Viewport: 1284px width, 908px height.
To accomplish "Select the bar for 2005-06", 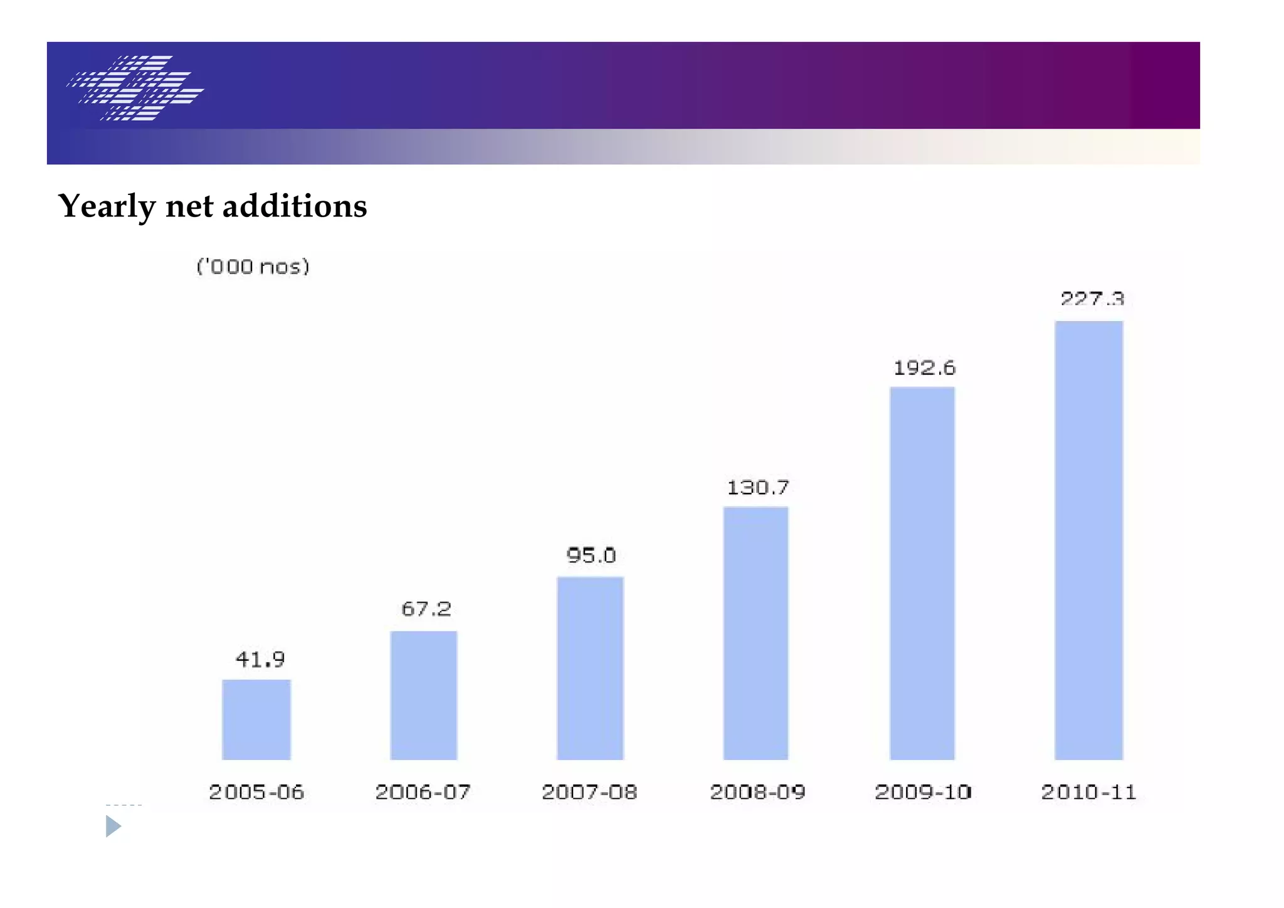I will [x=256, y=719].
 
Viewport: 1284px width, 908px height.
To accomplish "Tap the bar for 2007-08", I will [x=590, y=668].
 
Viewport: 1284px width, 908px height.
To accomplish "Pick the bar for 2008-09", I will [x=755, y=633].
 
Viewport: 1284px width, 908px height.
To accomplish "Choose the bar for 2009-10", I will [x=922, y=573].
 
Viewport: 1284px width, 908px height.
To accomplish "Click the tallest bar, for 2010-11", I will [x=1089, y=540].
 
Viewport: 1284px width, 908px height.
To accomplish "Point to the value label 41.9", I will [x=260, y=659].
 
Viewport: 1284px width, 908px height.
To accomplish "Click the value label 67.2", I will [x=426, y=609].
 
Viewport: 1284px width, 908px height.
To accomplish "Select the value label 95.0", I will [x=591, y=555].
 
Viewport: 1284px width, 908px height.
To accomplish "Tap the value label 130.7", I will [x=757, y=487].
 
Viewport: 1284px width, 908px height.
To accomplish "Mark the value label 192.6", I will [x=924, y=367].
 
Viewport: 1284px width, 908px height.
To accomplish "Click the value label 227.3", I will [x=1092, y=298].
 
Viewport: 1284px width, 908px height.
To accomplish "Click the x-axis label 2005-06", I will [x=256, y=792].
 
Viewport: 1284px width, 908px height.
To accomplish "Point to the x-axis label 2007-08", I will [x=589, y=792].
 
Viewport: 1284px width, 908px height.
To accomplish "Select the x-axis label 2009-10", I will [x=923, y=792].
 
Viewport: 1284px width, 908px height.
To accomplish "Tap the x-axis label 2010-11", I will [x=1088, y=792].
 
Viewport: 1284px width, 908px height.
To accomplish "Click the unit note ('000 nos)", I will [x=253, y=267].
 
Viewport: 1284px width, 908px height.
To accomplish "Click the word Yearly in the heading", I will [x=107, y=206].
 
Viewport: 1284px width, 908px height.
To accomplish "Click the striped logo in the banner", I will [x=135, y=88].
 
